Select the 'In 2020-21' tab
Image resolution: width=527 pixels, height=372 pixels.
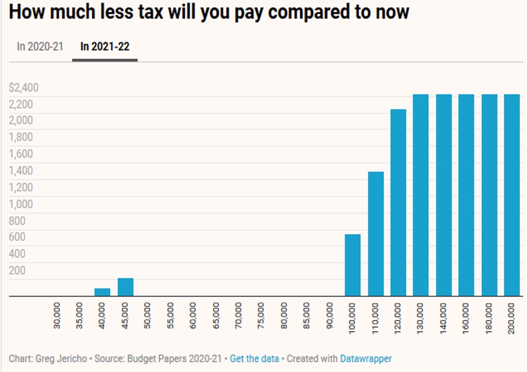point(40,47)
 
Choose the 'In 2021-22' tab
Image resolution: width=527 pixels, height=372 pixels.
point(105,47)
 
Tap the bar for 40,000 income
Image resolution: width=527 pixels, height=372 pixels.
point(103,292)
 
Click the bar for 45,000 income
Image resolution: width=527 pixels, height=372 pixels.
point(125,287)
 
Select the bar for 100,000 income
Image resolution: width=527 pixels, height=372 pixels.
point(353,265)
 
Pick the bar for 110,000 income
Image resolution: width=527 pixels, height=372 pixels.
point(376,234)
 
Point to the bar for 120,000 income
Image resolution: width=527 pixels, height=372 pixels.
point(398,202)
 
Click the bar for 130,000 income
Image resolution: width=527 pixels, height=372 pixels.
point(421,195)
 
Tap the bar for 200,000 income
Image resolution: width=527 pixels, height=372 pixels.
point(512,195)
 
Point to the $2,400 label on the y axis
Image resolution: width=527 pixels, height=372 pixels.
point(24,87)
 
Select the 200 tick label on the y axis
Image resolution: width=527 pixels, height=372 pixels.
point(17,271)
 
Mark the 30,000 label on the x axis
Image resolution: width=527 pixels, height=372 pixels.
point(58,315)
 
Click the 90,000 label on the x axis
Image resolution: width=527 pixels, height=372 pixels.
point(331,315)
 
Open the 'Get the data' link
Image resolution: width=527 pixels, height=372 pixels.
point(254,359)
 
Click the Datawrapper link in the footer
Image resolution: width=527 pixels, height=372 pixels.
point(366,359)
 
